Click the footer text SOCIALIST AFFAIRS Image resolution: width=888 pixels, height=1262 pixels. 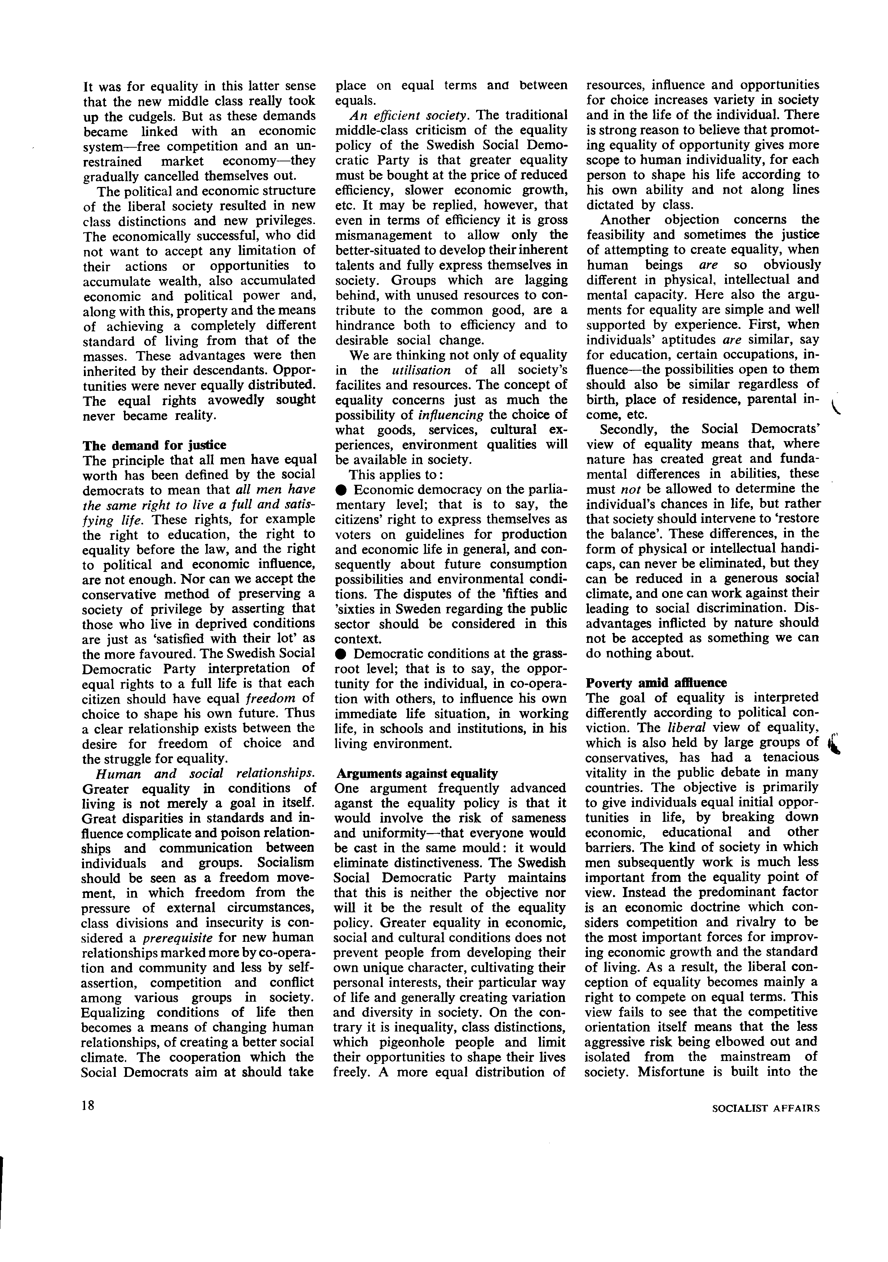[x=765, y=1109]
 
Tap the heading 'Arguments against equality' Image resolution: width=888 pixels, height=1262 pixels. [x=417, y=773]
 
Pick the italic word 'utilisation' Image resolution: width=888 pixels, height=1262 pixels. [x=421, y=370]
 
